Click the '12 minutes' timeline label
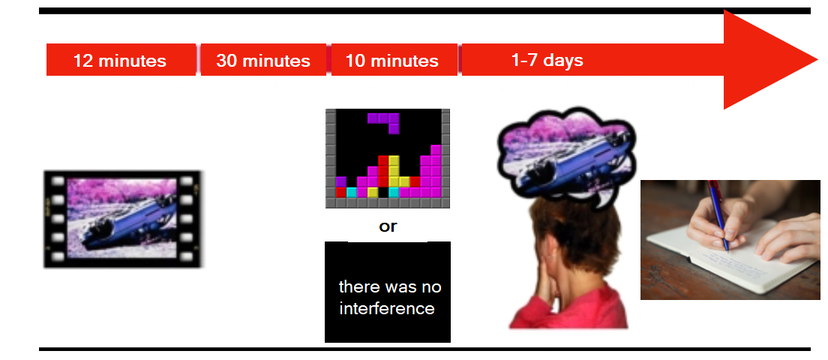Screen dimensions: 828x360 (x=120, y=61)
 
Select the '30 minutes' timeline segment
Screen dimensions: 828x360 (x=263, y=60)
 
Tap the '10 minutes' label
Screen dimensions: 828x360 (x=391, y=61)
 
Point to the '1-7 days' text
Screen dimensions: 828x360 (x=547, y=60)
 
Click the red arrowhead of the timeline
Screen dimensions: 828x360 (x=766, y=59)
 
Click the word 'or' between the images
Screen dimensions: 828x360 (x=388, y=227)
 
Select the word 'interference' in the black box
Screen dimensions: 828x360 (x=387, y=308)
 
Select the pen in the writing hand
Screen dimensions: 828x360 (x=718, y=214)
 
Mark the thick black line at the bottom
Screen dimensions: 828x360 (x=424, y=349)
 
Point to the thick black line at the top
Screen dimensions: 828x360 (x=424, y=10)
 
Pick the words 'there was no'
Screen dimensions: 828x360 (x=390, y=287)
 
